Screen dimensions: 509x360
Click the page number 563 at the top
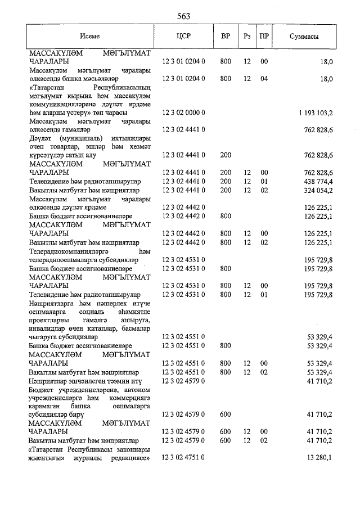tap(183, 16)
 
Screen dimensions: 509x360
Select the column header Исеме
tap(90, 36)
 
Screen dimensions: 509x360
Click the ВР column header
tap(225, 36)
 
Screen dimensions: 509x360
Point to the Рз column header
tap(247, 36)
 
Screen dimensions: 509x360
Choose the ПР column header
tap(264, 36)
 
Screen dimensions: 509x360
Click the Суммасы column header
tap(304, 36)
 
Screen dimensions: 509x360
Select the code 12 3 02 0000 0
tap(183, 112)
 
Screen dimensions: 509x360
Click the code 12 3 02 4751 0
tap(183, 458)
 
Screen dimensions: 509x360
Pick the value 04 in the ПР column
tap(264, 79)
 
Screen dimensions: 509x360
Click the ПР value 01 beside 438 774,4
tap(264, 182)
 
